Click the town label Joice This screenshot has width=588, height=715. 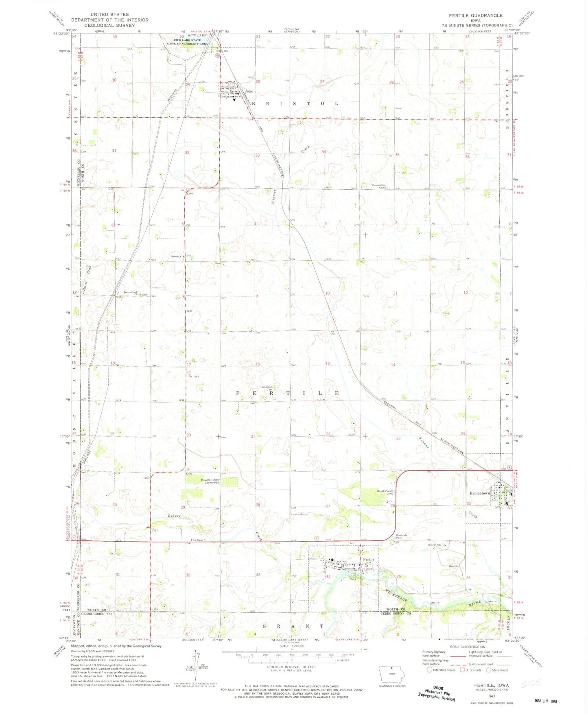(x=249, y=92)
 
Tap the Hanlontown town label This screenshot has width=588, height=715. (x=479, y=493)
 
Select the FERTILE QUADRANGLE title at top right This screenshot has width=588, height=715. (x=476, y=15)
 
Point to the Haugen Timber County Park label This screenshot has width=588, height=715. (x=210, y=481)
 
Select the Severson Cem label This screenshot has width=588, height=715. (x=267, y=388)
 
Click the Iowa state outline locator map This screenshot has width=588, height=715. (x=392, y=674)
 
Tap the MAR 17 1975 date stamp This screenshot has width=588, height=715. (x=545, y=701)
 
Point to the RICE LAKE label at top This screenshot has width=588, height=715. (x=197, y=35)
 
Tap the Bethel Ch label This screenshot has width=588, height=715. (x=176, y=256)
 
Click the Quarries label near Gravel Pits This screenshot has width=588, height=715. (x=454, y=566)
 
